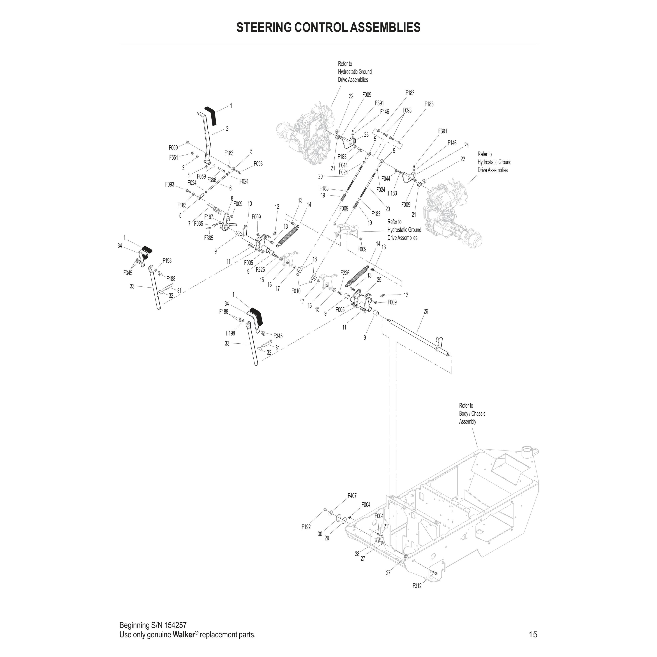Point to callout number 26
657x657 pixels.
[x=426, y=311]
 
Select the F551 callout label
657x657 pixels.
[x=174, y=158]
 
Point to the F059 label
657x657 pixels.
[x=201, y=177]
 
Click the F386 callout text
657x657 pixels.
[x=212, y=180]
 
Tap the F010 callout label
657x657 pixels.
[x=296, y=291]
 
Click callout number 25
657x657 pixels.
[x=379, y=280]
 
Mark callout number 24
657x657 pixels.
[x=466, y=145]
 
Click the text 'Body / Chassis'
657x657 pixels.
[x=472, y=413]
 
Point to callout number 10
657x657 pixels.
[x=250, y=204]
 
